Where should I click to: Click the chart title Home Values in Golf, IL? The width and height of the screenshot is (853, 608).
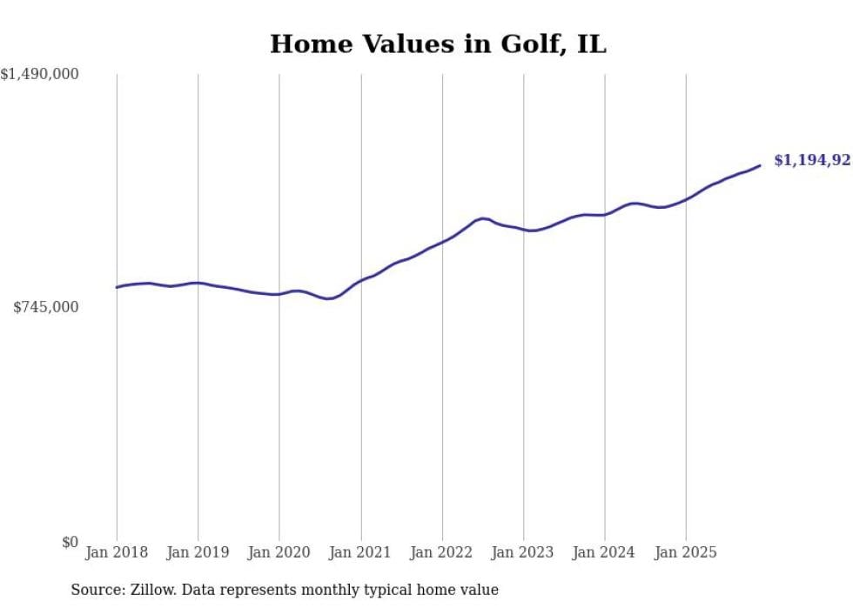[437, 44]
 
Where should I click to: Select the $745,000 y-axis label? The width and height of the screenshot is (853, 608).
[46, 307]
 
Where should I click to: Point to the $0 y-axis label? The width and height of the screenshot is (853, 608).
[70, 542]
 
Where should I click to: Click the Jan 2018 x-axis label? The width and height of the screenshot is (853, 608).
[117, 552]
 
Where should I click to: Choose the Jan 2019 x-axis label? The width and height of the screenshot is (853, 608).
[198, 552]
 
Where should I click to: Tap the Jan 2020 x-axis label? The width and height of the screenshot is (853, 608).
[279, 552]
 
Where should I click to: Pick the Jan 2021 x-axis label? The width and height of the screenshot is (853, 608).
[360, 552]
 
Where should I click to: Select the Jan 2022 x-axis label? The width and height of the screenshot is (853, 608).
[442, 552]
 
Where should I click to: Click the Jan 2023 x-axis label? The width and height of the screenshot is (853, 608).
[523, 552]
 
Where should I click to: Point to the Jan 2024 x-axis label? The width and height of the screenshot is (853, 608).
[605, 552]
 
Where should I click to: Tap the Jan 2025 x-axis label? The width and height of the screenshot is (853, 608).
[686, 552]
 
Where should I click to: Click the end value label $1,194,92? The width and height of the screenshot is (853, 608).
[811, 160]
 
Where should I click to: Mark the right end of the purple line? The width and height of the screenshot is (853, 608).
[760, 165]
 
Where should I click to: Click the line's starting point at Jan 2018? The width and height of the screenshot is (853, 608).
[117, 287]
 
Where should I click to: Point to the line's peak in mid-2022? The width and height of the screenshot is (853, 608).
[484, 218]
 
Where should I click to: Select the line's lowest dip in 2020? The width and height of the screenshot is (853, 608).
[328, 299]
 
